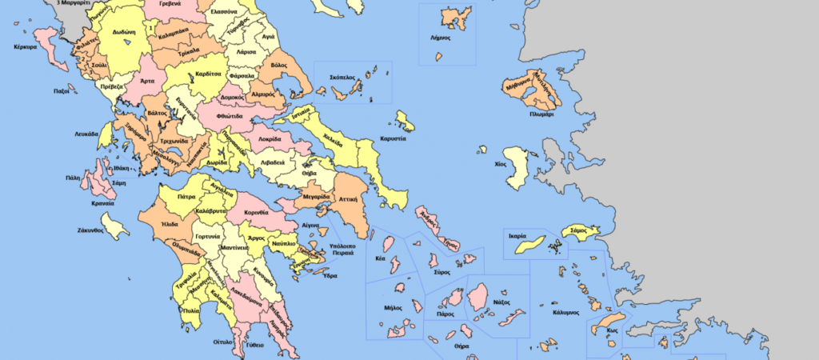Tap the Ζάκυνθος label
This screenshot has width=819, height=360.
pos(90,230)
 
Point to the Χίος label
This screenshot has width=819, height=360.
pos(501,162)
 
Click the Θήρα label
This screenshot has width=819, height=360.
pos(461,346)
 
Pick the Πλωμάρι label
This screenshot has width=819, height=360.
pos(542,114)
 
